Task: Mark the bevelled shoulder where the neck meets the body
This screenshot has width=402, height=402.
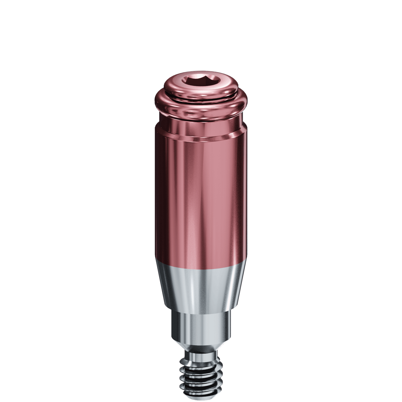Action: (201, 136)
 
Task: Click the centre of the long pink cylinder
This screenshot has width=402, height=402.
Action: (201, 198)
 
